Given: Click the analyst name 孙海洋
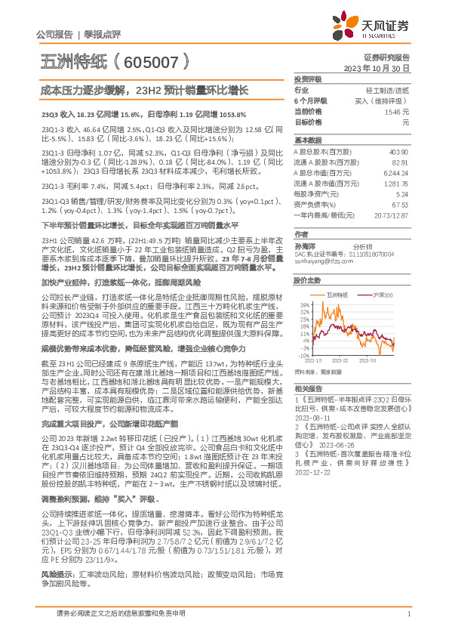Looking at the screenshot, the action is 306,245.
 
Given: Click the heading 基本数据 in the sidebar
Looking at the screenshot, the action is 306,140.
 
